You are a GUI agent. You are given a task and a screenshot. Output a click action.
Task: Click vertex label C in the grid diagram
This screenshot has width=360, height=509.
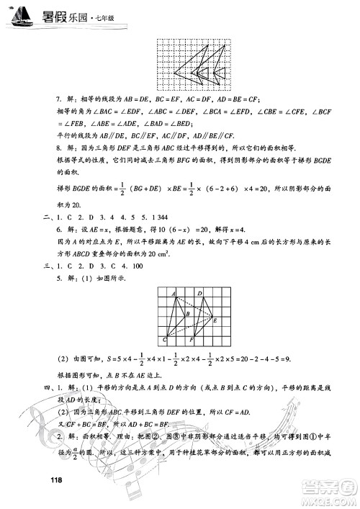tap(165, 338)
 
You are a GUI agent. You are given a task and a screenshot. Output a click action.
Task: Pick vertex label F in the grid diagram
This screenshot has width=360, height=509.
tap(191, 340)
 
